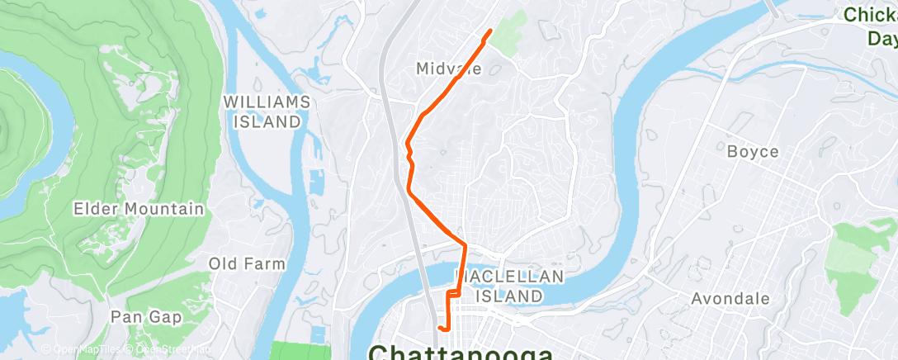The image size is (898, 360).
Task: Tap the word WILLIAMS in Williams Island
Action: (267, 102)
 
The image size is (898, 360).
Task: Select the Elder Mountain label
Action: (138, 209)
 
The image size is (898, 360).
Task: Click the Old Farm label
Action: (247, 264)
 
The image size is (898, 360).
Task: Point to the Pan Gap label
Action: (146, 316)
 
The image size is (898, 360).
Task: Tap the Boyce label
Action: (753, 152)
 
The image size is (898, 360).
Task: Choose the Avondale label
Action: (730, 299)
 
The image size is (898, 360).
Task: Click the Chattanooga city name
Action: (461, 352)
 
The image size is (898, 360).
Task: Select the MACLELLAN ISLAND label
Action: (510, 286)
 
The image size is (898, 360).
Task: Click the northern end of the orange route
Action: (491, 31)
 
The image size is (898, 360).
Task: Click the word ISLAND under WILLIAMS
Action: (267, 121)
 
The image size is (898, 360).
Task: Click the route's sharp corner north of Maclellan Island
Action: (466, 245)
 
